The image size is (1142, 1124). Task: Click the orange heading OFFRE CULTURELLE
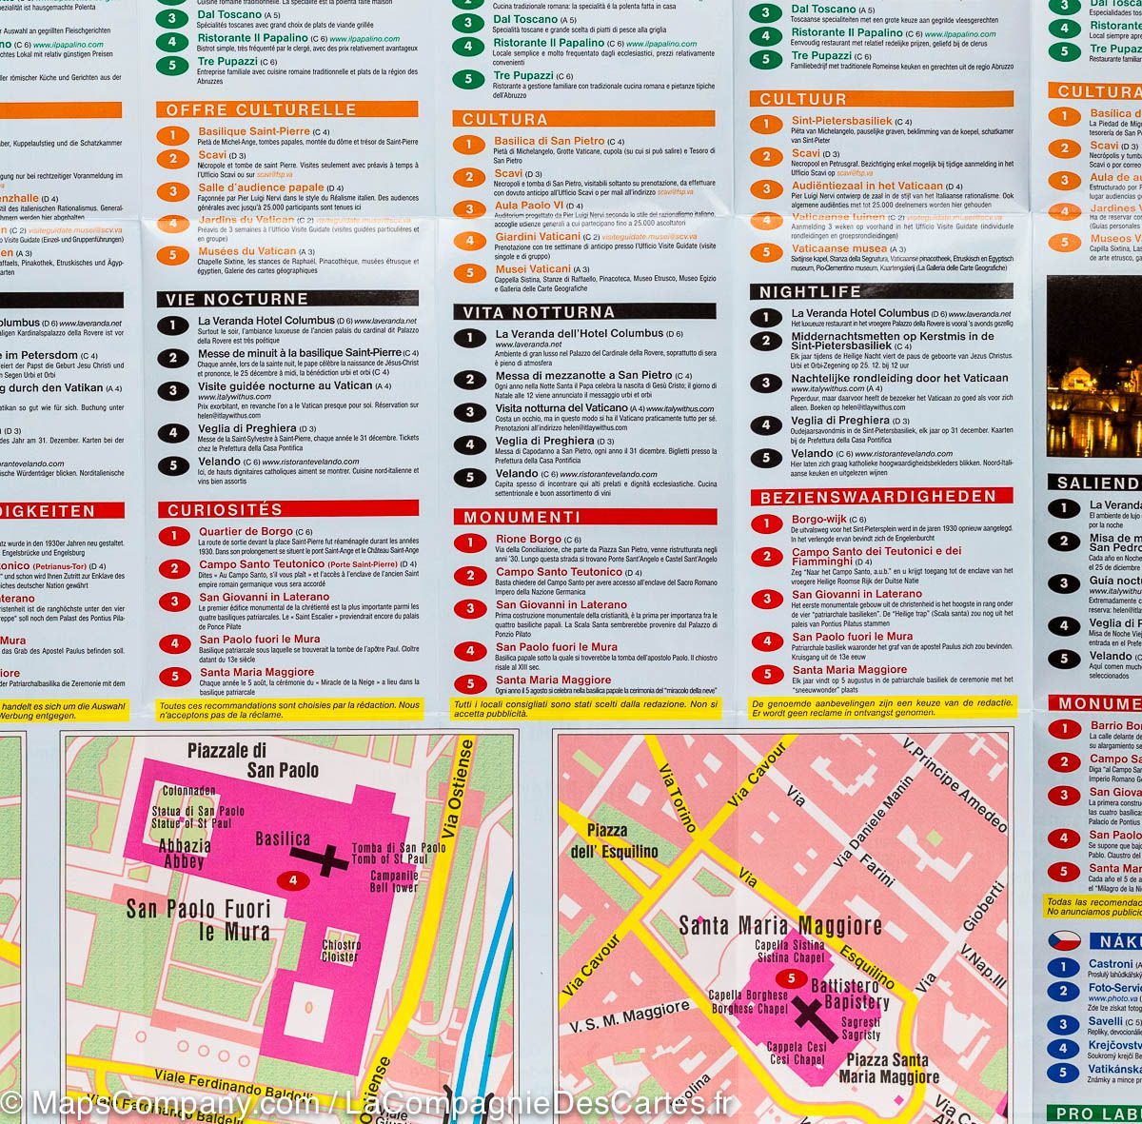pyautogui.click(x=261, y=109)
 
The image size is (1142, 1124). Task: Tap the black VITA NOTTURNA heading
pyautogui.click(x=539, y=312)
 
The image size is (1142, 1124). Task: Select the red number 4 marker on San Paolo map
pyautogui.click(x=294, y=880)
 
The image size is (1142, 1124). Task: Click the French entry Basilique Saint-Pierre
pyautogui.click(x=254, y=131)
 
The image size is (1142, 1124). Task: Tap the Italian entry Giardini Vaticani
pyautogui.click(x=537, y=236)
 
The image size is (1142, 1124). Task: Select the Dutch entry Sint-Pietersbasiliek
pyautogui.click(x=841, y=121)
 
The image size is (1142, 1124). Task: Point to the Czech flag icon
pyautogui.click(x=1064, y=940)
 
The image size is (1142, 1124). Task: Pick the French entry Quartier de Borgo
pyautogui.click(x=246, y=531)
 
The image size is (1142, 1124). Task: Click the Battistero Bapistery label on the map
pyautogui.click(x=849, y=994)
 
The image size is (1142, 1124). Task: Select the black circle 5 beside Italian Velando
pyautogui.click(x=468, y=478)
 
